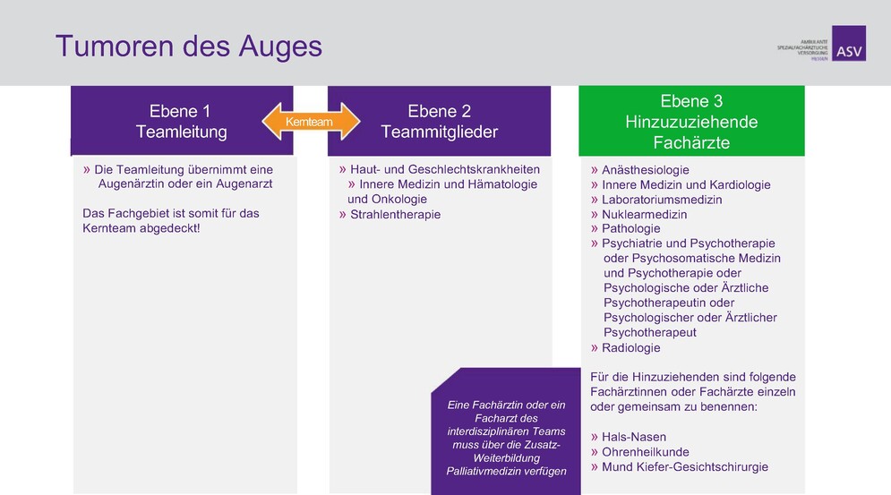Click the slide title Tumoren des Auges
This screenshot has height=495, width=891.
tap(188, 46)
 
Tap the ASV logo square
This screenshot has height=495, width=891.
tap(849, 43)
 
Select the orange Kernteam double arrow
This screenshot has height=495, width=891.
tap(309, 121)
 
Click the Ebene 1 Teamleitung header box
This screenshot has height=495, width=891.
tap(182, 122)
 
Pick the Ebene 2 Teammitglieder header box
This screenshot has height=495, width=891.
tap(439, 122)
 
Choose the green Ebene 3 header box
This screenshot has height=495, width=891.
tap(691, 122)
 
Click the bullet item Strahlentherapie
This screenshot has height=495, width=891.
tap(395, 214)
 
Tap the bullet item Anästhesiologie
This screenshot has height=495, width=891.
tap(645, 170)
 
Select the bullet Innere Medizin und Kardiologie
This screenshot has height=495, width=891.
tap(685, 184)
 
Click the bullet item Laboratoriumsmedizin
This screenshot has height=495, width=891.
tap(661, 200)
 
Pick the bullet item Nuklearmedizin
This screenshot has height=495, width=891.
tap(644, 214)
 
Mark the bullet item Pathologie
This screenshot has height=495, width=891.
tap(630, 228)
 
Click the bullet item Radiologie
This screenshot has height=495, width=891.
tap(630, 347)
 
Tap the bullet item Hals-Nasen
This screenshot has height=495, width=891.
tap(633, 437)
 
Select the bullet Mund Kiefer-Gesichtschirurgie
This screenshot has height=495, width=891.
tap(684, 466)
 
